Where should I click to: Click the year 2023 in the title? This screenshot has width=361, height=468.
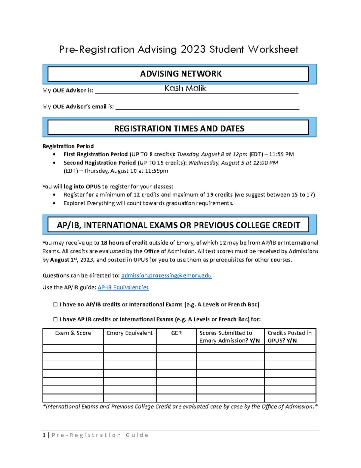193,49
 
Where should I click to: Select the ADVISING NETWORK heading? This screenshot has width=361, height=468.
180,74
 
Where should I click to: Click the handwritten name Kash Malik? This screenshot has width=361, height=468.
185,88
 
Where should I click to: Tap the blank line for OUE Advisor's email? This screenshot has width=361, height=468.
207,107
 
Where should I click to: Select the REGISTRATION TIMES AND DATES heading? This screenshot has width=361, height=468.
179,129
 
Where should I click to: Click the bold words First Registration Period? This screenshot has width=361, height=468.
95,154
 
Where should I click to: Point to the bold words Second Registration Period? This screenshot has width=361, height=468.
100,163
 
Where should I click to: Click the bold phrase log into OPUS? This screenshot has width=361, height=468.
82,187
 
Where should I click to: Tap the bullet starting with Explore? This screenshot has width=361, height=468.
148,203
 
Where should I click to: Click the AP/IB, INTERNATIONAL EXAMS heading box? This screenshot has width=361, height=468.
178,225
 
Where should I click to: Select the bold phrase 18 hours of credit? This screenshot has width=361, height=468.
124,243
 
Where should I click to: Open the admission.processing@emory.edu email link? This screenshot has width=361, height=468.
166,275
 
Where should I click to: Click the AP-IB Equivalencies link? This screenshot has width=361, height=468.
123,287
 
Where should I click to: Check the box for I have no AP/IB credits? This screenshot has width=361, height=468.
55,304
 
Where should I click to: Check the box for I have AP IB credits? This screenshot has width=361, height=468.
55,319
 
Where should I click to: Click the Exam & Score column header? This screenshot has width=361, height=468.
73,333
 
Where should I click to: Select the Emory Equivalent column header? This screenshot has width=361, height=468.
130,333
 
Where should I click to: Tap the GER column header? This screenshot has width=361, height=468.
176,333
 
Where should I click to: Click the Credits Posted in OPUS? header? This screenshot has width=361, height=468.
289,337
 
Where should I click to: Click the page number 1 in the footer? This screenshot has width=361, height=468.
44,435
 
